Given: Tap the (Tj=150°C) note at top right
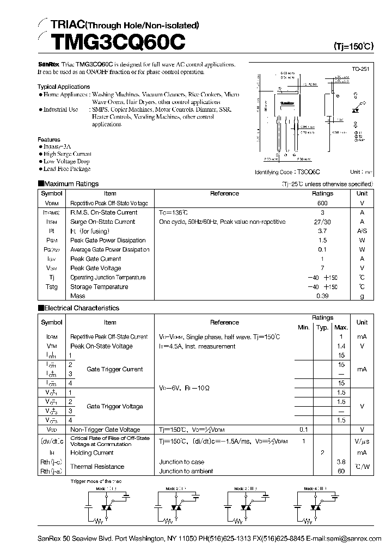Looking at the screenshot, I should (x=353, y=47).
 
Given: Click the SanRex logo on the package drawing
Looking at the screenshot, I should (x=287, y=102).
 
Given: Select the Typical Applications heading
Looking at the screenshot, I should (x=64, y=87).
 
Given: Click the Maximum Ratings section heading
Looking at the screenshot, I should (x=71, y=184).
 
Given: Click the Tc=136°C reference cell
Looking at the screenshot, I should (x=173, y=212).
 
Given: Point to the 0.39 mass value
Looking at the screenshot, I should (x=322, y=296).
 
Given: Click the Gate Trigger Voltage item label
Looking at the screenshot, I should (x=115, y=407).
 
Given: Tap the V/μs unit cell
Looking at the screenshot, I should (x=362, y=440).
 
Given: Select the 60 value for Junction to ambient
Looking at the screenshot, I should (x=341, y=472).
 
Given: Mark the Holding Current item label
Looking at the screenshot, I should (x=92, y=452).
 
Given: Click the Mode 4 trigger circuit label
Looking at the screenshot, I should (x=315, y=489).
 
